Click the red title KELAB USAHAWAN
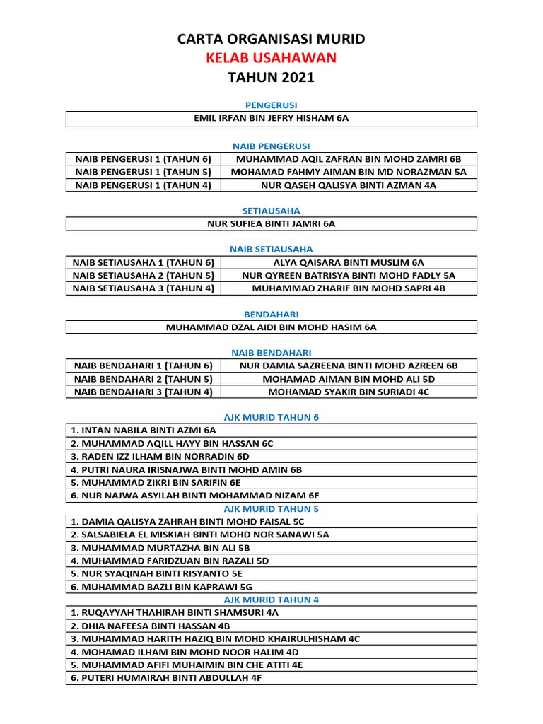click(271, 58)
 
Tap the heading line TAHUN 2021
click(271, 77)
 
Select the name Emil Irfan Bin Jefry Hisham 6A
click(271, 119)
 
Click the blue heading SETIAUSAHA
click(271, 211)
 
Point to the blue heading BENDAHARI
click(271, 314)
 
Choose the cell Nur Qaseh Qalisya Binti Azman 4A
click(349, 185)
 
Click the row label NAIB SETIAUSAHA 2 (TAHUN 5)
click(144, 275)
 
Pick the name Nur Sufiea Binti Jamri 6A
click(271, 223)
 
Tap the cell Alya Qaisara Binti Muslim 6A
click(349, 262)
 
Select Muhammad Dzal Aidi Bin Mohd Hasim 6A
click(271, 327)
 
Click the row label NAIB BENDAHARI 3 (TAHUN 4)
click(144, 391)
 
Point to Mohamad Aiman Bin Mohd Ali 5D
click(349, 378)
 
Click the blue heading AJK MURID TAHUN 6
click(271, 417)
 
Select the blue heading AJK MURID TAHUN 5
click(271, 508)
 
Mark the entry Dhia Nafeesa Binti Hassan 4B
click(150, 626)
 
